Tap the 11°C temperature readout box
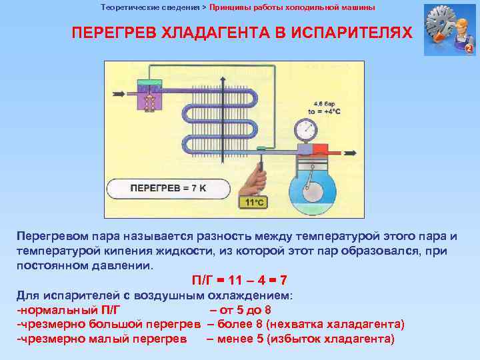click(x=255, y=202)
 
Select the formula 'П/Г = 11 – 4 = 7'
click(x=239, y=280)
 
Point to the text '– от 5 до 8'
click(x=241, y=309)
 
